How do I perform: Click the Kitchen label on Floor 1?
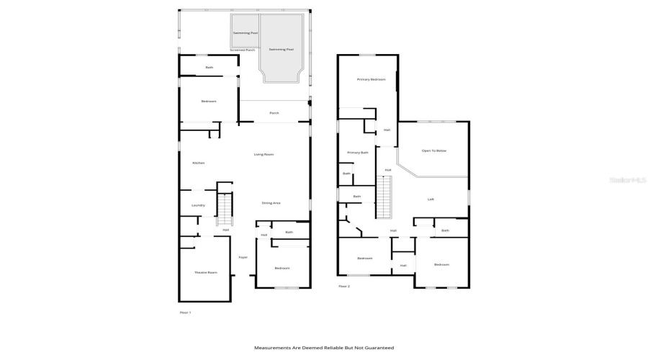[x=198, y=163]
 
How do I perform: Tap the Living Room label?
[x=264, y=154]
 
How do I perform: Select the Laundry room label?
[x=198, y=205]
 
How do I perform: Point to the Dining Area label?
[x=271, y=203]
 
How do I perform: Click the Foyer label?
[x=243, y=257]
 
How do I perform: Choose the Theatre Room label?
[x=205, y=272]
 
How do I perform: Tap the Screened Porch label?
[x=243, y=50]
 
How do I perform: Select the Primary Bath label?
[x=357, y=153]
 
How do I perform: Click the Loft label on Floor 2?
[x=431, y=199]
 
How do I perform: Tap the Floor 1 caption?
[x=185, y=312]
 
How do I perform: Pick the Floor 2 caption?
[x=344, y=286]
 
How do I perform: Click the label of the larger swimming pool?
[x=281, y=49]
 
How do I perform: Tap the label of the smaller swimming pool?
[x=243, y=33]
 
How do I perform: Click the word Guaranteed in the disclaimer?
[x=379, y=348]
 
